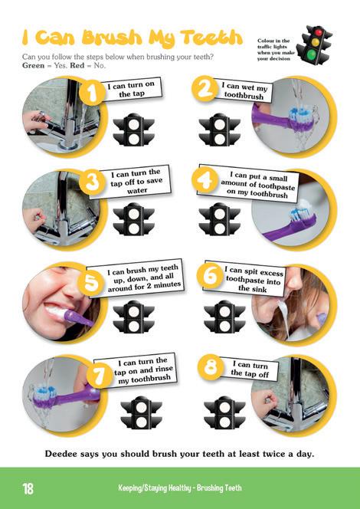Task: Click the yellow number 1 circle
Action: tap(92, 93)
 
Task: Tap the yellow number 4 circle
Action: tap(205, 179)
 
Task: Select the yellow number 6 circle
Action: tap(210, 276)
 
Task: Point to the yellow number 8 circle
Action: tap(211, 367)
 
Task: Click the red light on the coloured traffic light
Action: tap(319, 32)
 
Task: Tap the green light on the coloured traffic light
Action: tap(312, 53)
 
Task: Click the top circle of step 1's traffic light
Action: tap(133, 124)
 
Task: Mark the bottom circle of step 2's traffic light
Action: tap(220, 140)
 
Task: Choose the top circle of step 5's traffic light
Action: tap(133, 312)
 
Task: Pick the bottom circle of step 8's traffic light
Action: tap(224, 422)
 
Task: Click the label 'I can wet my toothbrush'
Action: tap(244, 90)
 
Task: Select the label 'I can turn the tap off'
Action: tap(250, 369)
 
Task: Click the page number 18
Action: tap(28, 488)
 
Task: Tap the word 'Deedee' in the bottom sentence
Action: tap(59, 454)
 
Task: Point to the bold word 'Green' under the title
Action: tap(34, 65)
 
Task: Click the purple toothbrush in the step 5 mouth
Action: tap(79, 318)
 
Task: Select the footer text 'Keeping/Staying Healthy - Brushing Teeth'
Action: tap(180, 488)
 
